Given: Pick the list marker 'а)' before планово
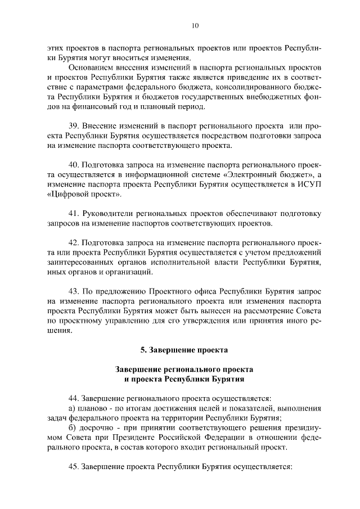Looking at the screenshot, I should click(72, 408).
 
